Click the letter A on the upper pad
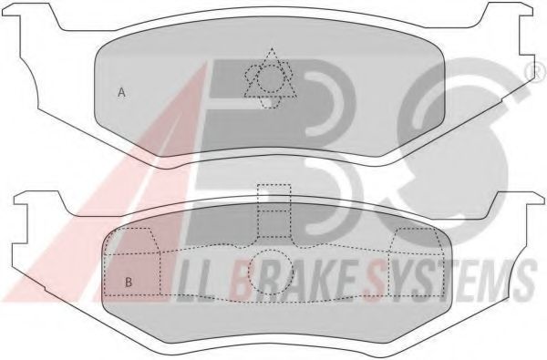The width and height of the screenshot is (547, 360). [121, 89]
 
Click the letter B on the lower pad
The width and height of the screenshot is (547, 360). [129, 282]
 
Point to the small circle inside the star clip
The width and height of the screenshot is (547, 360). [269, 79]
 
